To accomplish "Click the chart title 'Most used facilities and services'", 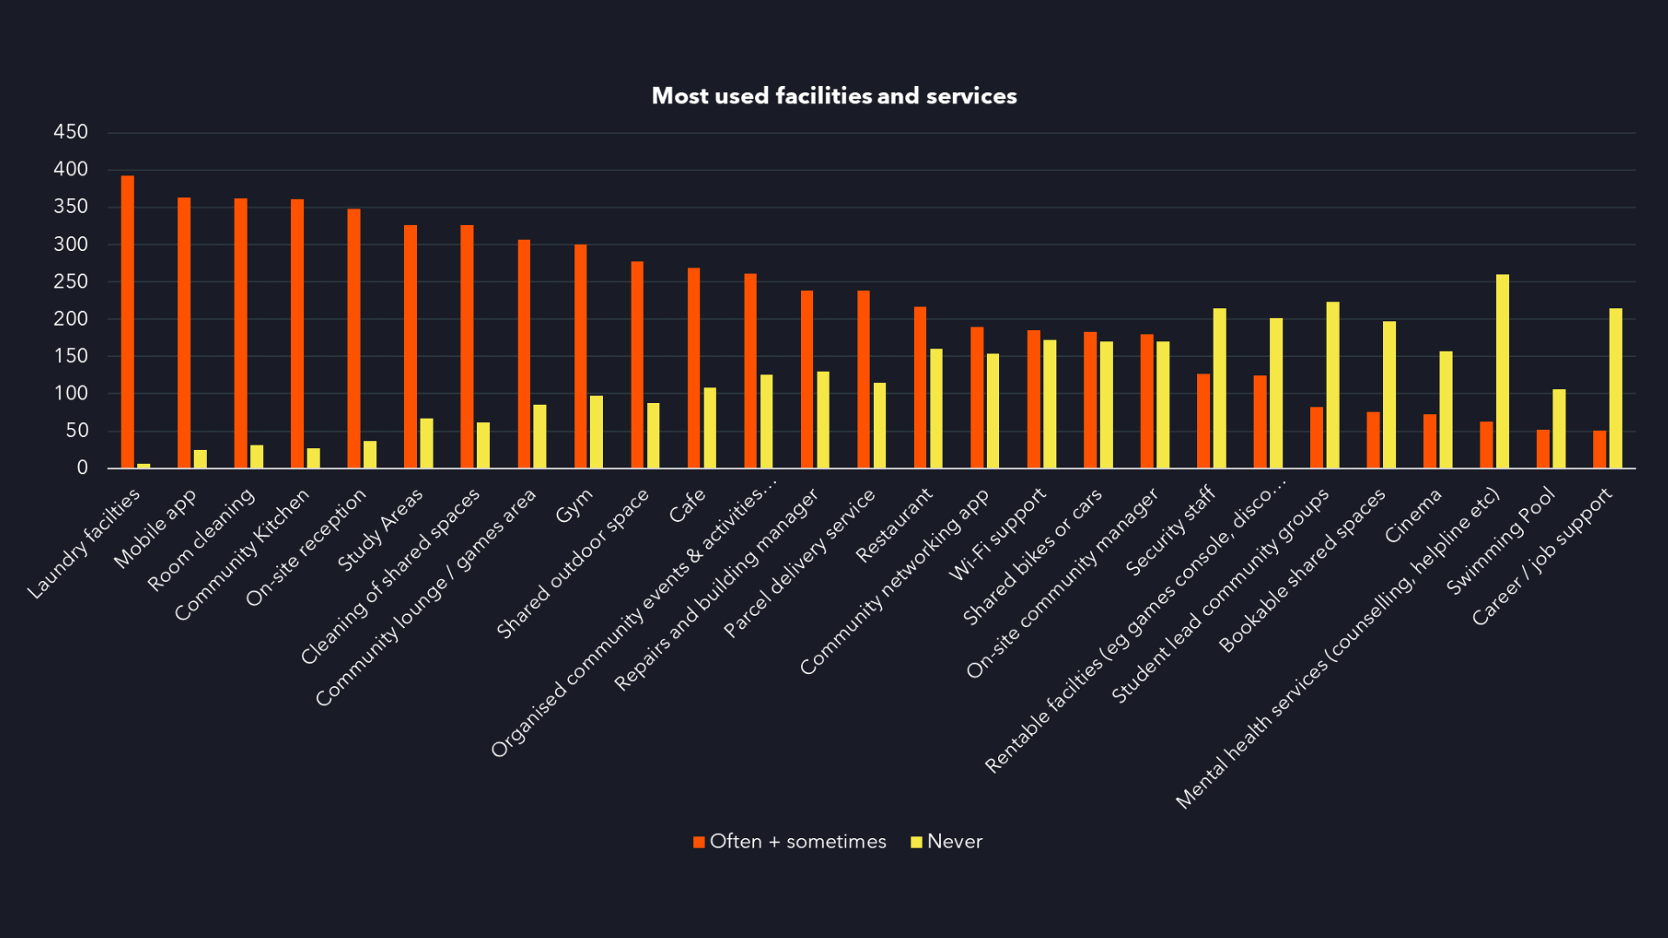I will click(834, 96).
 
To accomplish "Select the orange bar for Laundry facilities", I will click(128, 321).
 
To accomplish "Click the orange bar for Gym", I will click(580, 356).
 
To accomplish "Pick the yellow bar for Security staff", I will click(1220, 388).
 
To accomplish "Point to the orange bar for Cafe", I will click(693, 368).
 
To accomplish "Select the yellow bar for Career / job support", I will click(1616, 388).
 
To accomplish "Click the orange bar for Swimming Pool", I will click(1543, 449).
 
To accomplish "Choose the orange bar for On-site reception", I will click(354, 339).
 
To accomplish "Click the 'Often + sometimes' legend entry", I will click(790, 842).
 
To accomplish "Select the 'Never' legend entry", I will click(946, 842).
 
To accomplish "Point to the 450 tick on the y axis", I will click(70, 132).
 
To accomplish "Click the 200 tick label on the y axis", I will click(70, 319).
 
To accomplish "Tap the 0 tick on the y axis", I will click(82, 468).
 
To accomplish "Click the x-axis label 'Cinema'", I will click(1413, 515).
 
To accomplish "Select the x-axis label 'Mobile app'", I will click(156, 528).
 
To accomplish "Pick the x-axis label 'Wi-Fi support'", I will click(998, 533).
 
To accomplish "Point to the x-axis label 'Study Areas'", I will click(381, 529).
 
